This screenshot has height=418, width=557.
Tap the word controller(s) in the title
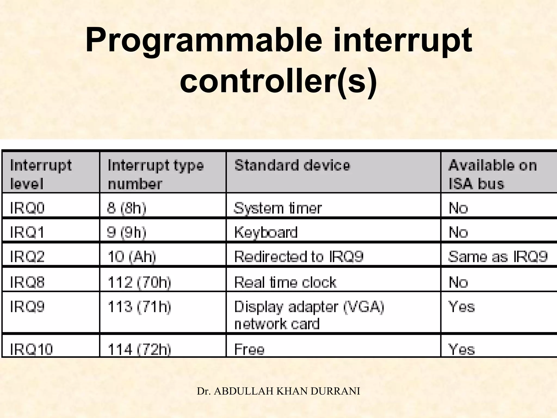tap(278, 81)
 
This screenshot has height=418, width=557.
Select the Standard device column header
tap(292, 165)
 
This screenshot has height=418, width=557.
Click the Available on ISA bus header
tap(492, 174)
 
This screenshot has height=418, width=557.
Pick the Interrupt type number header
tap(156, 174)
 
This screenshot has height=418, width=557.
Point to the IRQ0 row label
tap(27, 208)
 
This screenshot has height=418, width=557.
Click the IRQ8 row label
tap(27, 282)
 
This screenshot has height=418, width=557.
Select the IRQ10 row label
tap(31, 349)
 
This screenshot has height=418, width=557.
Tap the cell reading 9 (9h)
tap(127, 232)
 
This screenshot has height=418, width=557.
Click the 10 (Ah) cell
tap(132, 257)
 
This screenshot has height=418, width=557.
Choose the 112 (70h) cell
tap(140, 282)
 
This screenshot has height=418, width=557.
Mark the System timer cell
tap(278, 208)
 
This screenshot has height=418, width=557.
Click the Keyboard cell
tap(266, 232)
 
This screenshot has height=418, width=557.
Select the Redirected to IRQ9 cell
tap(299, 257)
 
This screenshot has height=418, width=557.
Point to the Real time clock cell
tap(285, 282)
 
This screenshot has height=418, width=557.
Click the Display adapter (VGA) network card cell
tap(309, 315)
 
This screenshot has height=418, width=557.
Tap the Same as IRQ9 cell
tap(498, 257)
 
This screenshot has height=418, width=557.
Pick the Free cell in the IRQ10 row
tap(249, 349)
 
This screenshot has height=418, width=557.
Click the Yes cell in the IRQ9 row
tap(462, 307)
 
